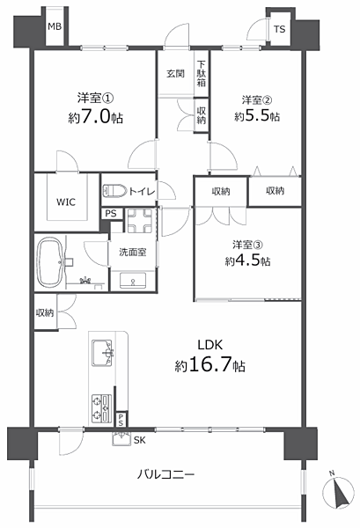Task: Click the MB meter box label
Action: pos(55,26)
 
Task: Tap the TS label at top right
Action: pos(280,29)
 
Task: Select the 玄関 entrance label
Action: pos(175,73)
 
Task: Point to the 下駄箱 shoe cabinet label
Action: pos(202,73)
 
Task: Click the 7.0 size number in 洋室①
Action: pos(96,116)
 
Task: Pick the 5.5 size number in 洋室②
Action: pos(258,116)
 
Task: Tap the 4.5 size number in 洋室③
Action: pos(248,260)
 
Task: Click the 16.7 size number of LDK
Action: pos(210,364)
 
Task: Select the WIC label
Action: pos(66,202)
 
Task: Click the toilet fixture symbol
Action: pos(114,191)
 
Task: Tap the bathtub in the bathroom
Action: pos(50,262)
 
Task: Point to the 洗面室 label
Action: pos(133,252)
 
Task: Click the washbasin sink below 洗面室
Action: pos(133,281)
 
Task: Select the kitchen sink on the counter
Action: pos(102,353)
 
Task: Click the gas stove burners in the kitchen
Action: pos(102,407)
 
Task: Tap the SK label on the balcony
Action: pos(139,440)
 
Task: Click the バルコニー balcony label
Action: pos(165,474)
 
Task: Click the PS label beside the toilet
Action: pos(111,214)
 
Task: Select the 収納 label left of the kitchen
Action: pos(45,312)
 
